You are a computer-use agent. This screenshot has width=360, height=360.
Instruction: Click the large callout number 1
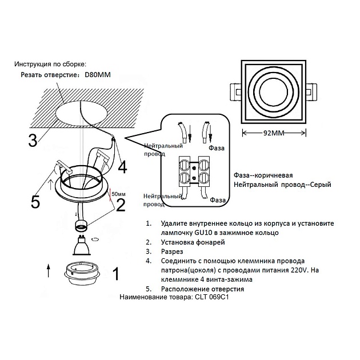(116, 275)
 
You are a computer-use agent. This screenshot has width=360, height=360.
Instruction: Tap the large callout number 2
(121, 204)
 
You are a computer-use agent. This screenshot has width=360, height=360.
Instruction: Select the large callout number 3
(33, 139)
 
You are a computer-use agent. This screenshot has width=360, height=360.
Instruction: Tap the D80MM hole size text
(98, 74)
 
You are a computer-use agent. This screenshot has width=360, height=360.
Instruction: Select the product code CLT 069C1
(215, 297)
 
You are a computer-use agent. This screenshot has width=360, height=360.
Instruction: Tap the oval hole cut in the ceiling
(82, 112)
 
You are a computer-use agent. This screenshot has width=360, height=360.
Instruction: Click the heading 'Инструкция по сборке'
(54, 64)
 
